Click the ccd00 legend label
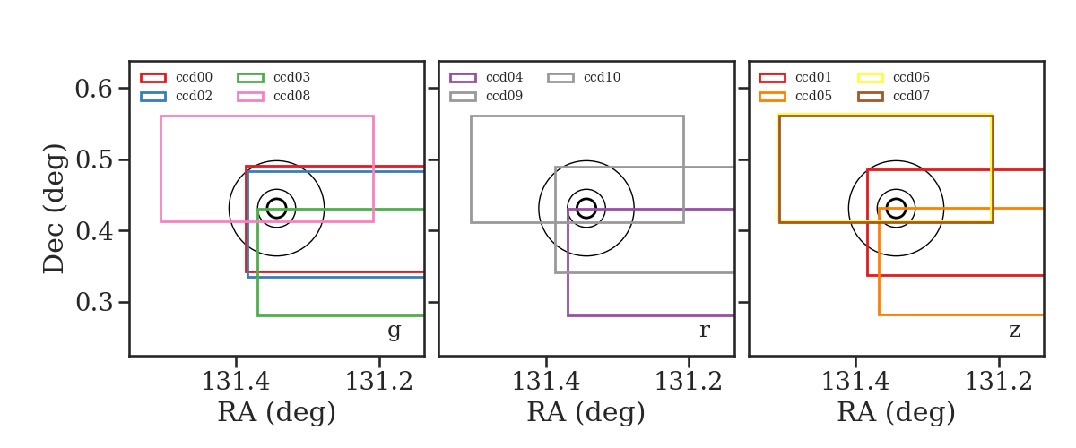point(194,77)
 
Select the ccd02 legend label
point(194,96)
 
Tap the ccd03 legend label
point(291,77)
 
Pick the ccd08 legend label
point(291,96)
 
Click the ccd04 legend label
point(504,77)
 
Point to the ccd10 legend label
point(602,77)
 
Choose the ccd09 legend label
point(504,96)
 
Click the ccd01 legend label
point(813,77)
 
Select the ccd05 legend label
point(813,96)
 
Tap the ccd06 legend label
point(911,77)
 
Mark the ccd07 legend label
point(911,96)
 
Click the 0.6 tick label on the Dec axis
point(93,89)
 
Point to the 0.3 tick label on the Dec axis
point(93,303)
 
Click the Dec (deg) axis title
point(54,209)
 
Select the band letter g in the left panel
point(394,331)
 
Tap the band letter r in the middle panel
point(704,330)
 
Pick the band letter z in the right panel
point(1014,331)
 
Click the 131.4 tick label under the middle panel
point(546,382)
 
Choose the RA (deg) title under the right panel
point(896,412)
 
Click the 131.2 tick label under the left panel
point(379,382)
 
